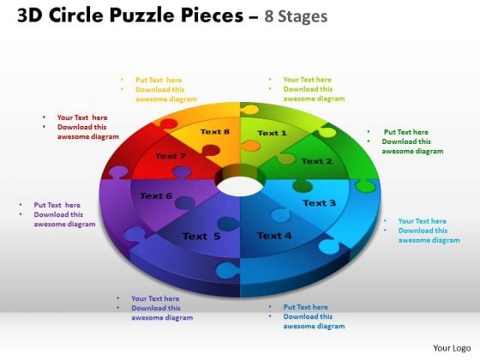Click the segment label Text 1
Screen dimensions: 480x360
tap(272, 133)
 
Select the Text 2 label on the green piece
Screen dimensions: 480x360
tap(316, 161)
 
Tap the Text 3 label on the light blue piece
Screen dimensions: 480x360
tap(319, 202)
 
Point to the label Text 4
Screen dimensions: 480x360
tap(274, 236)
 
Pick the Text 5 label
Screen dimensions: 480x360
tap(201, 236)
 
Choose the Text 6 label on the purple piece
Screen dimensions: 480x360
tap(156, 195)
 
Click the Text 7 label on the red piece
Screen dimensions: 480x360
tap(171, 156)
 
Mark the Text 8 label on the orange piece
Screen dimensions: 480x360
tap(215, 132)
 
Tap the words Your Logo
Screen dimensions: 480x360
tap(452, 348)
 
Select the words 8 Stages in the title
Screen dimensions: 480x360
tap(296, 16)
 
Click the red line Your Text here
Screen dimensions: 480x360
tap(82, 117)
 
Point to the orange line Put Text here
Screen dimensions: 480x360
tap(159, 80)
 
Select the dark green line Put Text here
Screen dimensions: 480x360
tap(406, 132)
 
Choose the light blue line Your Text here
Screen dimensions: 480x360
tap(422, 221)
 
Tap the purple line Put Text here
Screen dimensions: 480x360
tap(57, 205)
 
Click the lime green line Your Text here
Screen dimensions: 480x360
tap(308, 80)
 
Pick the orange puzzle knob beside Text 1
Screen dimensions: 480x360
tap(250, 146)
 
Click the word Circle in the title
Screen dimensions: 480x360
tap(76, 15)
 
